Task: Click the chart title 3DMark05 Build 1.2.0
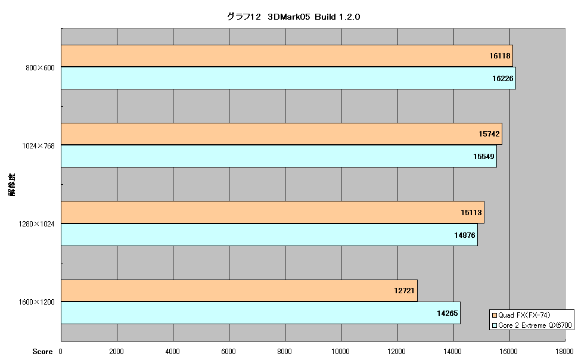coord(293,17)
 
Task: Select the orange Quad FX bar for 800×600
coord(287,55)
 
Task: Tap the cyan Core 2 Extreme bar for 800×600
coord(288,78)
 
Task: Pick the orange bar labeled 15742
coord(282,134)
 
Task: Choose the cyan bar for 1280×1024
coord(269,235)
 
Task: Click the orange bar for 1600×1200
coord(239,291)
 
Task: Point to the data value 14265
coord(447,313)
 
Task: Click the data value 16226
coord(502,78)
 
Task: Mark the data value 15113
coord(471,212)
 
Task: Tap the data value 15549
coord(484,156)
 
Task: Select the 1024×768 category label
coord(38,145)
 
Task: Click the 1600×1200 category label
coord(36,302)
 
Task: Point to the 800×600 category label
coord(40,67)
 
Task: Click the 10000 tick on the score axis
coord(341,351)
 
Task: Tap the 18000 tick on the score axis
coord(565,351)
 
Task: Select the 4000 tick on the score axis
coord(173,351)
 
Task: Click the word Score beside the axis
coord(42,351)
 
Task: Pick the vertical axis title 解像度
coord(12,184)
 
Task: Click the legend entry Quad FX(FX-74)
coord(521,315)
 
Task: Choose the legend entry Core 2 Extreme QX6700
coord(532,325)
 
